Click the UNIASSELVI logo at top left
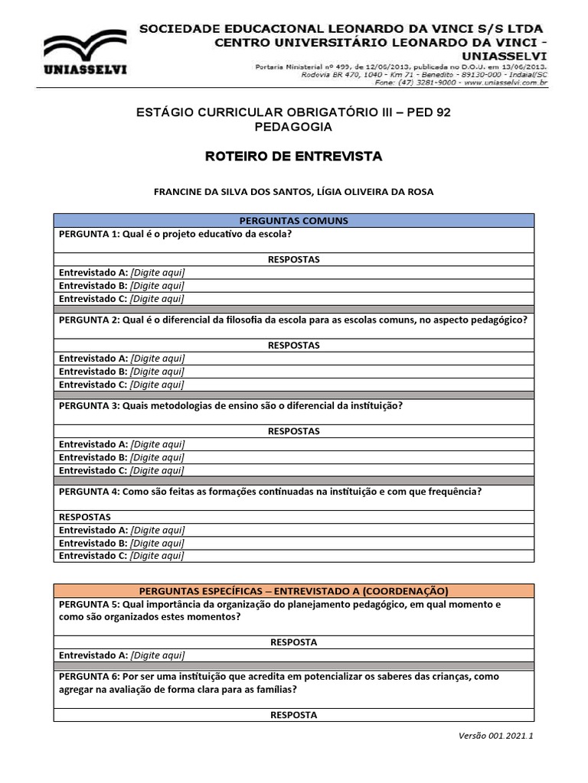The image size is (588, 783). pyautogui.click(x=85, y=54)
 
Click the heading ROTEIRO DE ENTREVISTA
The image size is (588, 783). pyautogui.click(x=293, y=156)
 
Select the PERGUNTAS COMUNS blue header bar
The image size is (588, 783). pyautogui.click(x=293, y=220)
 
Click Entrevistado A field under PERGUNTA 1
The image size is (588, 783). pyautogui.click(x=158, y=272)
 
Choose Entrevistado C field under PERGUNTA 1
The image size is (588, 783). pyautogui.click(x=158, y=299)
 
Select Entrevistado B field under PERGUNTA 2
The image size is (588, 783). pyautogui.click(x=158, y=372)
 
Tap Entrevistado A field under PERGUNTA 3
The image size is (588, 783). pyautogui.click(x=158, y=444)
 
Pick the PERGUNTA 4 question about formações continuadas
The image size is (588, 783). pyautogui.click(x=269, y=492)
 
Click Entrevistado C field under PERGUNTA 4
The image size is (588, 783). pyautogui.click(x=158, y=556)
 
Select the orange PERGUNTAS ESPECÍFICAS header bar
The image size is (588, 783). pyautogui.click(x=293, y=591)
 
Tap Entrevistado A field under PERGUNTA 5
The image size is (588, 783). pyautogui.click(x=158, y=655)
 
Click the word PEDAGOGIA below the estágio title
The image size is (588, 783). pyautogui.click(x=293, y=127)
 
